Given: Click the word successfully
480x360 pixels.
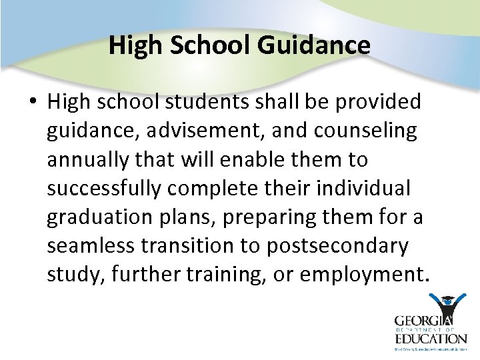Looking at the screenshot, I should click(x=104, y=189).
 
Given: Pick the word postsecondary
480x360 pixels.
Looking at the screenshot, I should click(x=337, y=246).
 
